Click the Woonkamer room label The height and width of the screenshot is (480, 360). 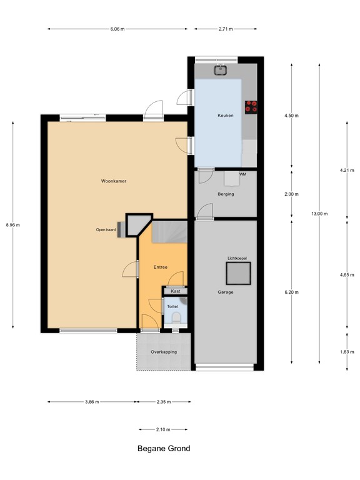[114, 181]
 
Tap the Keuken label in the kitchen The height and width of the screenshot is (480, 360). [225, 116]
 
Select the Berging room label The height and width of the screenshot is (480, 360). [226, 194]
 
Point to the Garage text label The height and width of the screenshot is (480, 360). [226, 292]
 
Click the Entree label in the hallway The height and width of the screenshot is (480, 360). [161, 267]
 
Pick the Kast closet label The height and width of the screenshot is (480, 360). [175, 291]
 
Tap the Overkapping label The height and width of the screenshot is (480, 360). [163, 352]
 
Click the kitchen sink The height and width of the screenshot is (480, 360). [220, 69]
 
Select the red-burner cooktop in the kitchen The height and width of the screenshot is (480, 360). [252, 107]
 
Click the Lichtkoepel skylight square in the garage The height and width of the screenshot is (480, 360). [238, 272]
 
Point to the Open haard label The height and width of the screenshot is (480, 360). [106, 229]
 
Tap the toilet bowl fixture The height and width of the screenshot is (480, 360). [176, 318]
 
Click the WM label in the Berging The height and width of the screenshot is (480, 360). [242, 174]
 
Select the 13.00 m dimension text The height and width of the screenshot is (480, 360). [319, 214]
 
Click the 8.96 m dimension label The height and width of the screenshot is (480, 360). [13, 225]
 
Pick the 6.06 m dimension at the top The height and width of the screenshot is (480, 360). [117, 29]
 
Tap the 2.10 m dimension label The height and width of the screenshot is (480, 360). [163, 429]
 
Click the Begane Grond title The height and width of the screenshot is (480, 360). [164, 448]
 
